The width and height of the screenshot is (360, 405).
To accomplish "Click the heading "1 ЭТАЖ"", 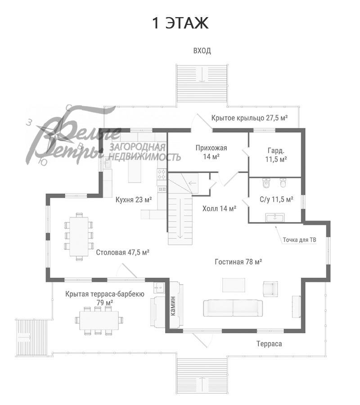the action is (x=180, y=23).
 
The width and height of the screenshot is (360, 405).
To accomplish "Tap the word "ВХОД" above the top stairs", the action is (x=202, y=50).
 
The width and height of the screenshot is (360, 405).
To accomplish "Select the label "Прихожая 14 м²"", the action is (x=211, y=152).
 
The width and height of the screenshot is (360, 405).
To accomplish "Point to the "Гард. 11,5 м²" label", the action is (x=276, y=155).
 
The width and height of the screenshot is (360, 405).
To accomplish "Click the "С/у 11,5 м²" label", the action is (x=276, y=199).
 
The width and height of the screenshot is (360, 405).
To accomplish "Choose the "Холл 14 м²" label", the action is (x=219, y=208).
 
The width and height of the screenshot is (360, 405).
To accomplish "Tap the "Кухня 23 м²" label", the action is (x=134, y=200).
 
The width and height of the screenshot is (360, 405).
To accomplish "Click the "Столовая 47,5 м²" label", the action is (x=123, y=252).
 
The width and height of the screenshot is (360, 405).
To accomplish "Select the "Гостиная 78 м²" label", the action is (x=238, y=262).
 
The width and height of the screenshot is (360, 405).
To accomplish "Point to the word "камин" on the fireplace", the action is (x=173, y=306).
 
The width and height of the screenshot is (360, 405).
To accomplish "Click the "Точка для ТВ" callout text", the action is (x=299, y=240).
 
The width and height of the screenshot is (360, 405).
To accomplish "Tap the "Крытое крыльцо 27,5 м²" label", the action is (x=249, y=118).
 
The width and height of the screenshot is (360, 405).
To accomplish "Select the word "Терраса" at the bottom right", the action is (x=269, y=344).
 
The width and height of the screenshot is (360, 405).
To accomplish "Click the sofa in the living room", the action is (x=233, y=308).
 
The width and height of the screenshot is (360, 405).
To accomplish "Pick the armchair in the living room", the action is (x=270, y=289).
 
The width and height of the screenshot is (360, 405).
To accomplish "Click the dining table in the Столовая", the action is (x=79, y=237).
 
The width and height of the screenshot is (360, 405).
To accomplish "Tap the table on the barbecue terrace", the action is (x=99, y=320).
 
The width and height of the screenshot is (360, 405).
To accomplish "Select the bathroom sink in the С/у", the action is (x=275, y=217).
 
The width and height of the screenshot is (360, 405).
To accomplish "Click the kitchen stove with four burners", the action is (x=162, y=174).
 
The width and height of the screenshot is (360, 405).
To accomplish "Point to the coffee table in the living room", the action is (x=234, y=285).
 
